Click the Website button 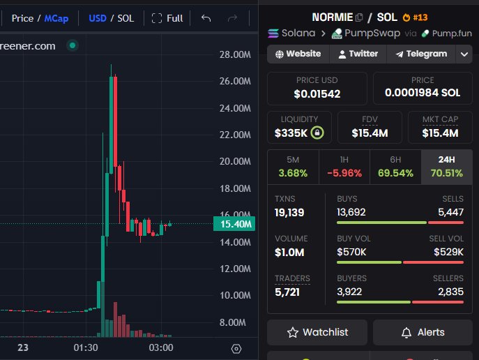[x=298, y=54]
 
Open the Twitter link [x=358, y=54]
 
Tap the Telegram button [x=421, y=54]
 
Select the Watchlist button [x=317, y=332]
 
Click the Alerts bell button [x=423, y=332]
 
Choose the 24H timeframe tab [x=447, y=167]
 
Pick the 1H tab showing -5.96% [x=344, y=167]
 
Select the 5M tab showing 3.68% [x=293, y=167]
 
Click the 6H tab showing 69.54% [x=395, y=167]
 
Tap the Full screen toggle [x=167, y=18]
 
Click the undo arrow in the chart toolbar [x=206, y=18]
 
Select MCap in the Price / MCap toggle [x=56, y=18]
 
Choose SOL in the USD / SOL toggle [x=126, y=18]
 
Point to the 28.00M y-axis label [x=235, y=54]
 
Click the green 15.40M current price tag [x=234, y=224]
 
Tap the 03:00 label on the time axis [x=161, y=347]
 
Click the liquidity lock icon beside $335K [x=317, y=133]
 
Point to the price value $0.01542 [x=317, y=93]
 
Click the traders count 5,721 [x=287, y=292]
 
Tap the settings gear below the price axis [x=236, y=349]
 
